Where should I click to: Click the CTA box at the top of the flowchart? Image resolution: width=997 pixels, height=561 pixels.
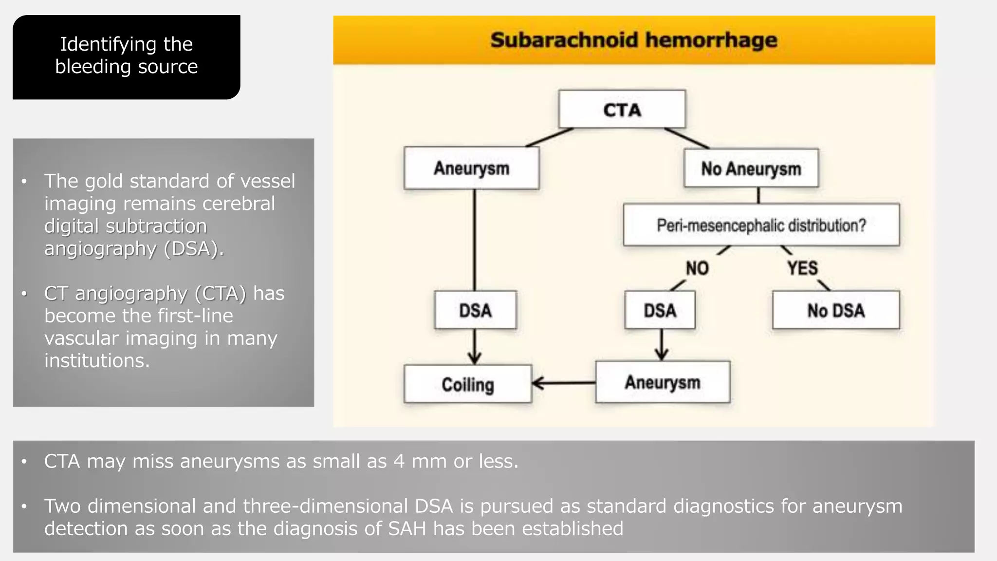pos(622,110)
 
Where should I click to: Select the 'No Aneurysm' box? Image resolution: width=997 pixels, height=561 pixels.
pos(751,168)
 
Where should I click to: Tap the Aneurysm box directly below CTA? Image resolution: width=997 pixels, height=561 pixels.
pos(471,168)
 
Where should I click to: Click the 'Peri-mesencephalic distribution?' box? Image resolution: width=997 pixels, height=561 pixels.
pos(761,225)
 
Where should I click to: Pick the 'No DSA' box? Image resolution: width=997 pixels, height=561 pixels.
pos(835,310)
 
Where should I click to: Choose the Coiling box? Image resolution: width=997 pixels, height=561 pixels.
pos(468,384)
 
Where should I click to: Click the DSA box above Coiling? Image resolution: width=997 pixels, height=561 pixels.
pos(475,310)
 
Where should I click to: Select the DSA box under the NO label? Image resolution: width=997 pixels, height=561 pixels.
pos(660,310)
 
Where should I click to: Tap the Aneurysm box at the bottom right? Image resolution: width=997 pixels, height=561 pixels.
pos(663,382)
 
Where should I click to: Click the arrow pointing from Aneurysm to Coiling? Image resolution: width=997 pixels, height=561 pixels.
pos(562,383)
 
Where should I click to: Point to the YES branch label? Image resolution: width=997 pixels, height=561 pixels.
pos(802,268)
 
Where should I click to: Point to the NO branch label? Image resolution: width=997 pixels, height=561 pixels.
pos(697,268)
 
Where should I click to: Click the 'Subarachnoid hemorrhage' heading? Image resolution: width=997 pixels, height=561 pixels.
pos(633,40)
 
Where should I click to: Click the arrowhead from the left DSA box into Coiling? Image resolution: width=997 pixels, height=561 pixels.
pos(475,359)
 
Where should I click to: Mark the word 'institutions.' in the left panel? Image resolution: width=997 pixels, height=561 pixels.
pos(97,361)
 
